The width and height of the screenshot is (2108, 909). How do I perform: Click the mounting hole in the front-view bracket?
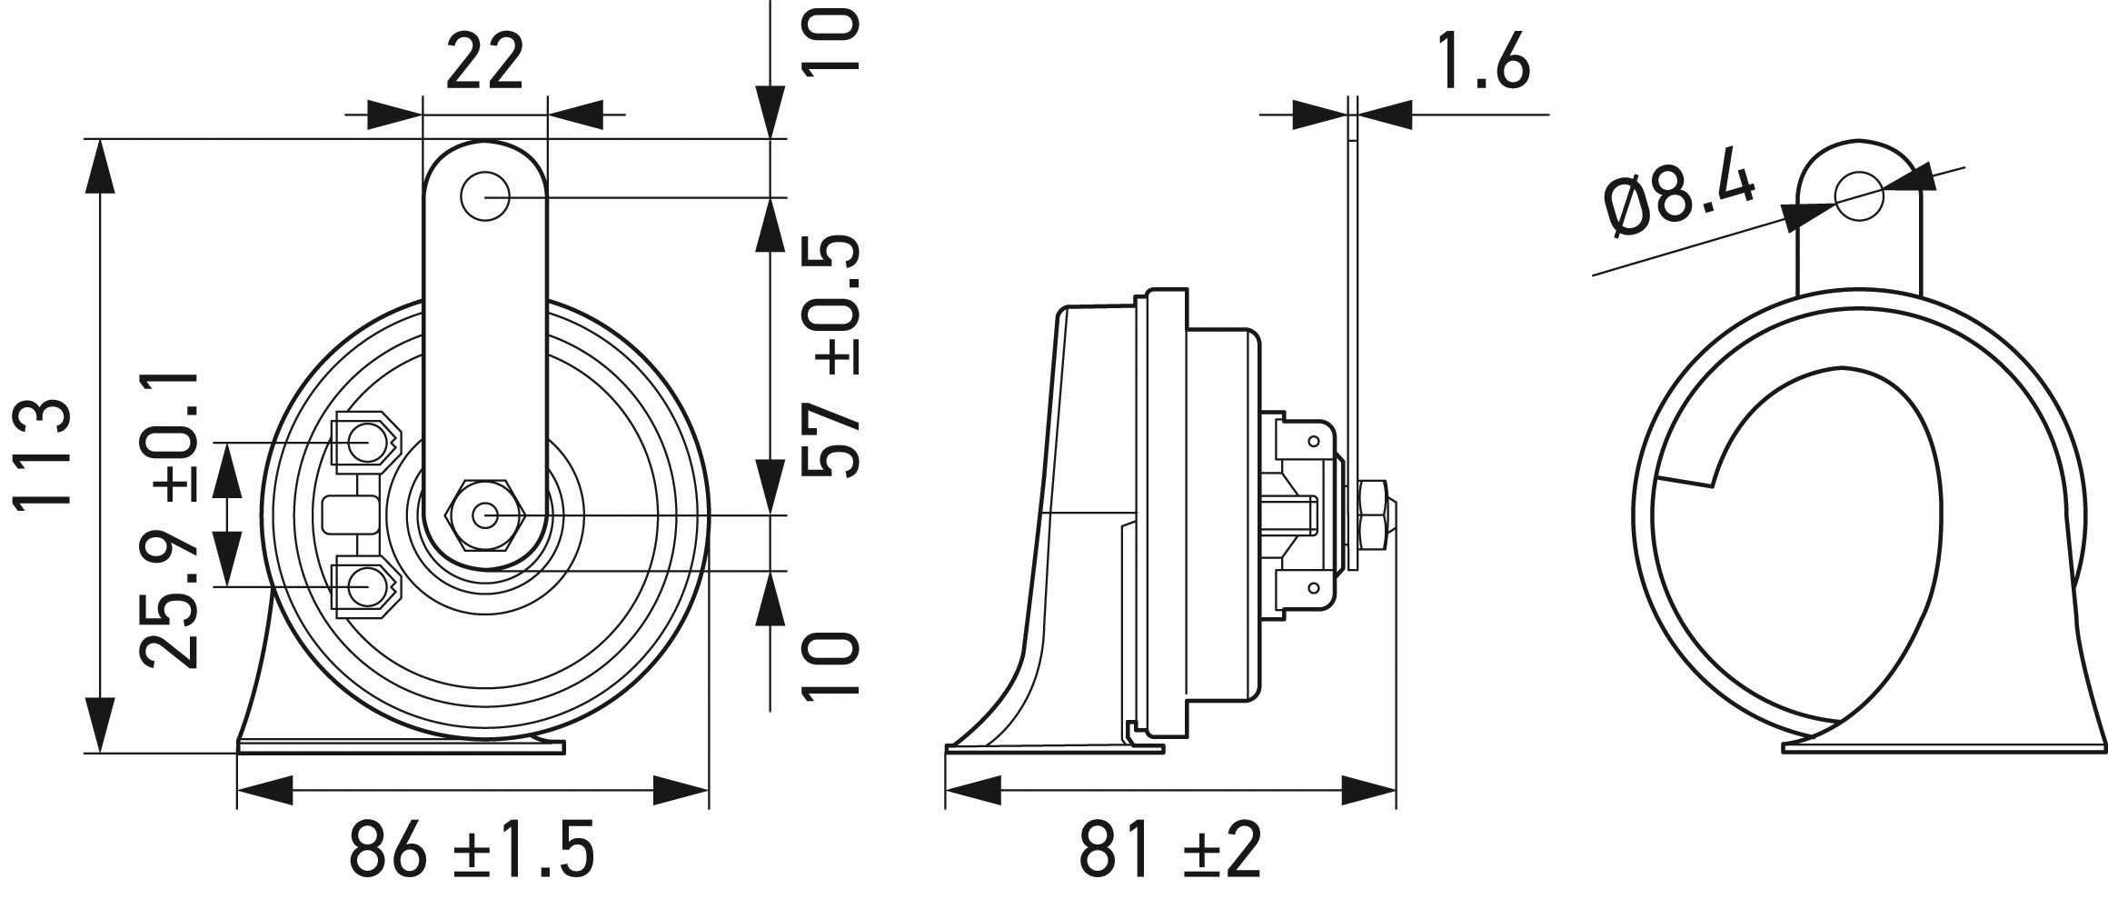coord(484,195)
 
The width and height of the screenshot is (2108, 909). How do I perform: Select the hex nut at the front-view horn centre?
coord(483,515)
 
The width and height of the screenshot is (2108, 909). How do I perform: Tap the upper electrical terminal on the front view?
coord(364,443)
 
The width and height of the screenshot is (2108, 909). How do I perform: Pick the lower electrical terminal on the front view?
coord(364,587)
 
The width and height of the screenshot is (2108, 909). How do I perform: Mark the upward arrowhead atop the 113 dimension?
coord(99,168)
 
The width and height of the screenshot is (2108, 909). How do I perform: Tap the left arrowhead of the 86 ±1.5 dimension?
coord(264,790)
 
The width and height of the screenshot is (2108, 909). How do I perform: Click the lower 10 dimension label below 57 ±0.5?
coord(829,665)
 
